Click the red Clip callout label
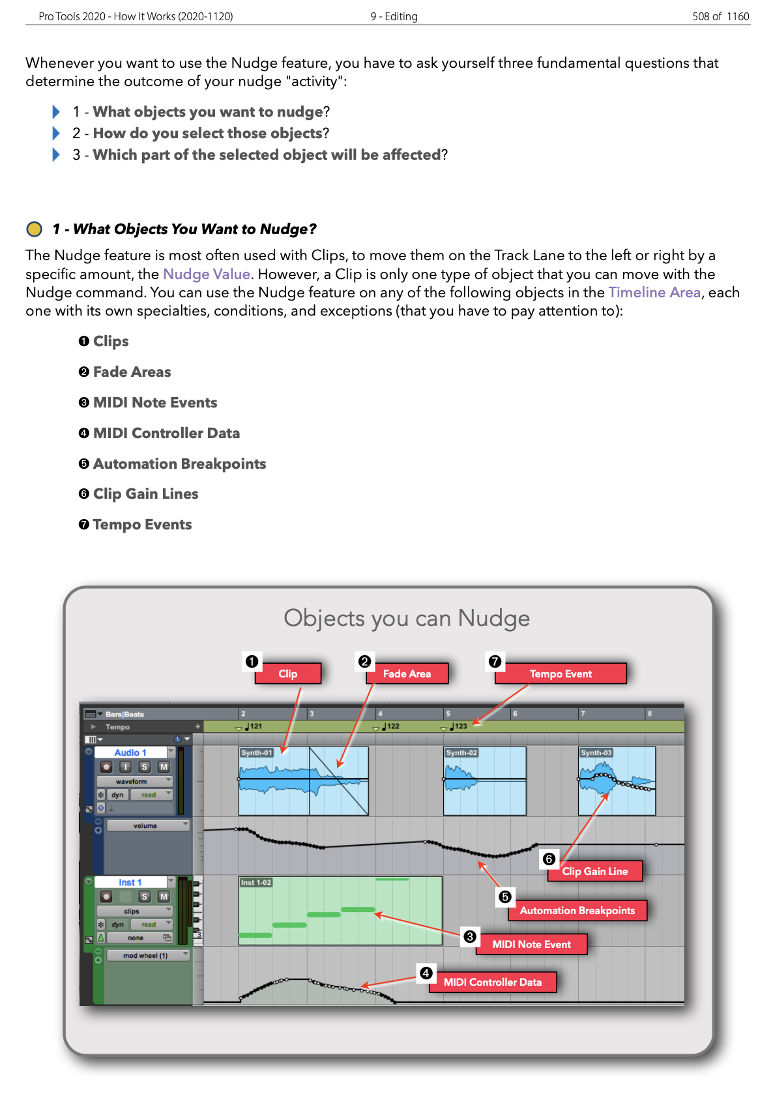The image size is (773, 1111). pyautogui.click(x=287, y=674)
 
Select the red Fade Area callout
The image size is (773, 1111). pyautogui.click(x=407, y=674)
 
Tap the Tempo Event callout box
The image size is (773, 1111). pyautogui.click(x=560, y=674)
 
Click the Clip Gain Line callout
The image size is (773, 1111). pyautogui.click(x=594, y=871)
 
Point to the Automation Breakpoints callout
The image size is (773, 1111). pyautogui.click(x=577, y=910)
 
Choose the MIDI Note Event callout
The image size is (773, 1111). pyautogui.click(x=531, y=944)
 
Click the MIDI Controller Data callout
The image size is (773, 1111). pyautogui.click(x=492, y=982)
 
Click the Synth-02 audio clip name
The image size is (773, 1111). pyautogui.click(x=461, y=752)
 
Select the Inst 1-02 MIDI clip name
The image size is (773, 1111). pyautogui.click(x=255, y=882)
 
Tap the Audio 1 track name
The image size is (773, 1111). pyautogui.click(x=130, y=752)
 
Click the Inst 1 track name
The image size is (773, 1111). pyautogui.click(x=130, y=882)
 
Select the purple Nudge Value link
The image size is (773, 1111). pyautogui.click(x=206, y=274)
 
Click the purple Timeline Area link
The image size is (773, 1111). pyautogui.click(x=654, y=292)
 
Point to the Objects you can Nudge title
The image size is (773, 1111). pyautogui.click(x=406, y=617)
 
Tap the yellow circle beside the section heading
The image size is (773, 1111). pyautogui.click(x=34, y=229)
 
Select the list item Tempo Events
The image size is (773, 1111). pyautogui.click(x=141, y=524)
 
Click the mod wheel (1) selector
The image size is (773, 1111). pyautogui.click(x=147, y=955)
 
